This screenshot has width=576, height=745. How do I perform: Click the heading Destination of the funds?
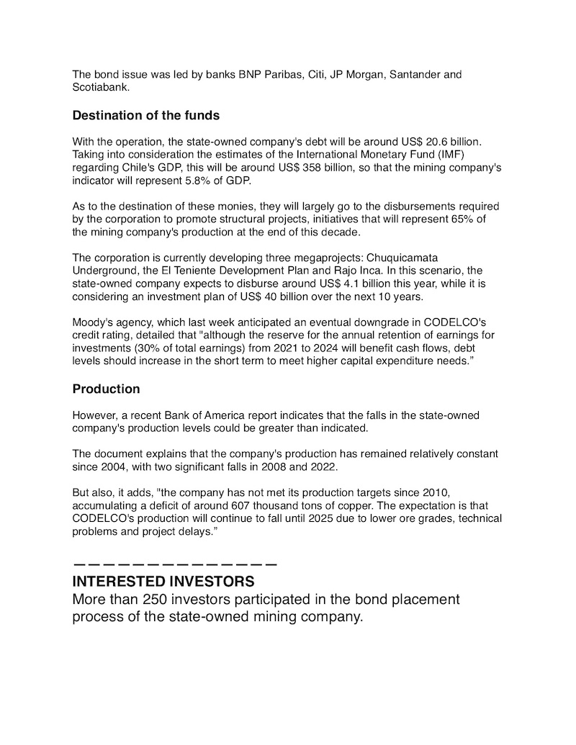[145, 115]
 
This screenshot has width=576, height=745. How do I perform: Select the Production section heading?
[106, 389]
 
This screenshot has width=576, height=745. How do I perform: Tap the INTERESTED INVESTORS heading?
[163, 581]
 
